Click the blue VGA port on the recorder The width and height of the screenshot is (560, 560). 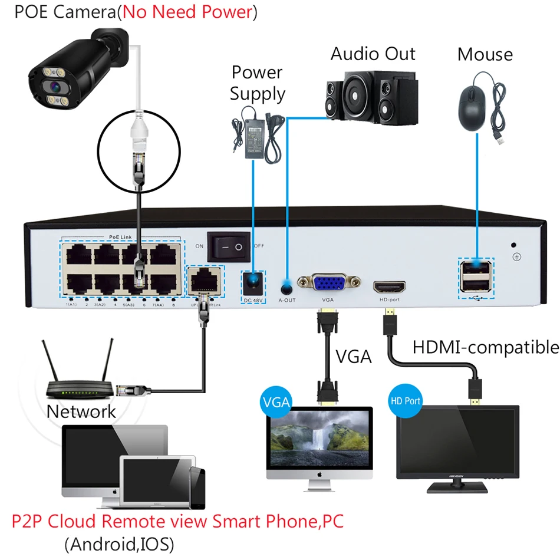(x=329, y=284)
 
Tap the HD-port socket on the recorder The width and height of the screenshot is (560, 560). (x=389, y=288)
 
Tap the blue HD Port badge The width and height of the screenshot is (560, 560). (x=406, y=401)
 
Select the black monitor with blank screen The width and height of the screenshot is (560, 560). (x=457, y=440)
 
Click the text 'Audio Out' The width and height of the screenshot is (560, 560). (x=373, y=54)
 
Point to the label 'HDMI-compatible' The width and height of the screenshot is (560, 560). (x=485, y=347)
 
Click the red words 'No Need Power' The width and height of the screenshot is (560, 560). (x=186, y=12)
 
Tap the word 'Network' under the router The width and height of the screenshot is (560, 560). (x=81, y=411)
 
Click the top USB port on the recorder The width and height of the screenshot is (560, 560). (x=476, y=270)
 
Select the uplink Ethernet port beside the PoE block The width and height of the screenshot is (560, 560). (x=205, y=279)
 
